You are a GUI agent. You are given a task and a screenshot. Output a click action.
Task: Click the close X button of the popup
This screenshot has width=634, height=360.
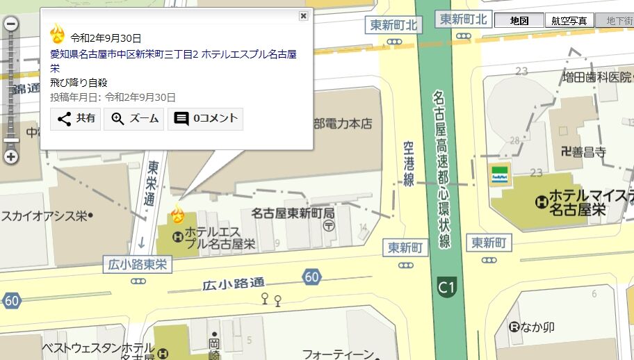[303, 16]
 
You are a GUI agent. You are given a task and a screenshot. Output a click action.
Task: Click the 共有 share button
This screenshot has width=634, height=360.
[76, 119]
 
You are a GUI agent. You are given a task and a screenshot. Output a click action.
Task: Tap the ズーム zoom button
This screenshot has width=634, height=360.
[134, 119]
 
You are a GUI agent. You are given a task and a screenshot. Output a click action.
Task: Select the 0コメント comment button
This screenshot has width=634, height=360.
[206, 119]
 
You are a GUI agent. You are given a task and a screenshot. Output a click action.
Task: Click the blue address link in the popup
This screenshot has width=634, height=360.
[173, 61]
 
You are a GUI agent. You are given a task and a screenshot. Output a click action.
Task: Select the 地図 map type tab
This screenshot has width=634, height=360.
[519, 21]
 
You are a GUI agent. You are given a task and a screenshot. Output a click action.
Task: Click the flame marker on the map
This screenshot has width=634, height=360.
[178, 213]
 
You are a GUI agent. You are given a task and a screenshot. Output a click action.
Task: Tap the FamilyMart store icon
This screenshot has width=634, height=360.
[500, 174]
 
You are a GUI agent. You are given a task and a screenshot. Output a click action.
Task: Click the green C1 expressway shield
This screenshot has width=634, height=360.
[446, 286]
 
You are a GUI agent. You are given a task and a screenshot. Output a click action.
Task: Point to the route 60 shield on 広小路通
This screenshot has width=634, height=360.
[312, 277]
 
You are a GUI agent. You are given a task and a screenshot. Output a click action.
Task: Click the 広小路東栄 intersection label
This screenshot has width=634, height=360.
[138, 263]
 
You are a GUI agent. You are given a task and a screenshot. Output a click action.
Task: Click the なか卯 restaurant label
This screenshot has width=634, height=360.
[532, 327]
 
